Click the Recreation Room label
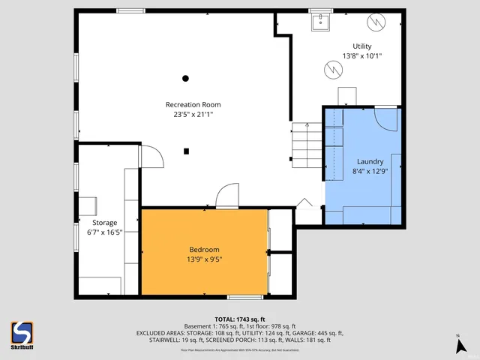pyautogui.click(x=193, y=104)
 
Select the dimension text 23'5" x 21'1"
pyautogui.click(x=193, y=115)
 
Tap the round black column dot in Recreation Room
pyautogui.click(x=185, y=78)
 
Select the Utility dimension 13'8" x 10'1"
pyautogui.click(x=362, y=56)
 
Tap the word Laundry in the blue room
pyautogui.click(x=370, y=161)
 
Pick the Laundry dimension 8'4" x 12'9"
pyautogui.click(x=370, y=171)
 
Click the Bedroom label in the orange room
pyautogui.click(x=204, y=250)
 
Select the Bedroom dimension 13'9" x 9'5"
pyautogui.click(x=204, y=259)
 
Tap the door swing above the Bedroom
pyautogui.click(x=226, y=196)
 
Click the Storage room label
pyautogui.click(x=104, y=223)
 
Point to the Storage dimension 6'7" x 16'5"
pyautogui.click(x=104, y=232)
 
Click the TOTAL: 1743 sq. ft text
pyautogui.click(x=240, y=319)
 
